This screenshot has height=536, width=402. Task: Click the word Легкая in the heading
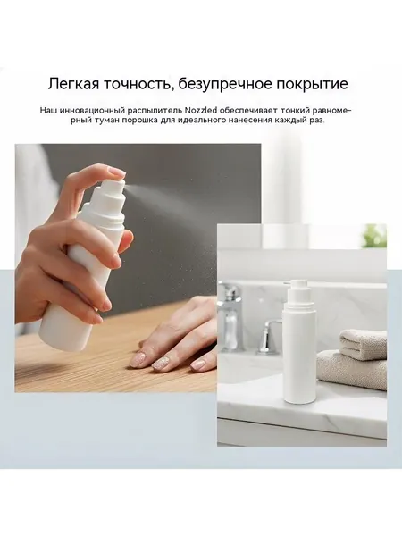click(x=72, y=84)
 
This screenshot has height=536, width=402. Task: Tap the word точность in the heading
click(x=137, y=84)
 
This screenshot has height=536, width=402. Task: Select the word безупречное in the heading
click(x=225, y=85)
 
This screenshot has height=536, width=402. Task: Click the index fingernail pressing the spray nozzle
click(x=113, y=171)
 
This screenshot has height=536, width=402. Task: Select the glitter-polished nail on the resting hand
click(x=160, y=365)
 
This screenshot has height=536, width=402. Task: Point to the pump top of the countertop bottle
click(x=293, y=291)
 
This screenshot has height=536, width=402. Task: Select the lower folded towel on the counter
click(x=352, y=370)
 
